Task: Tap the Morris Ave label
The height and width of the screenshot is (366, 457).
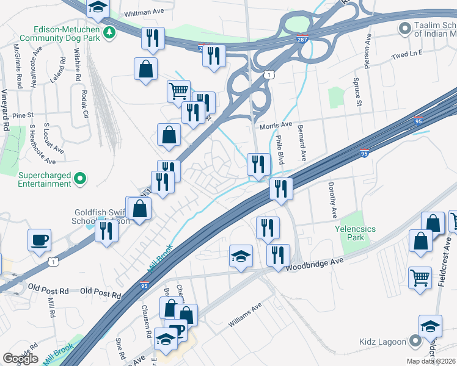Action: coord(276,125)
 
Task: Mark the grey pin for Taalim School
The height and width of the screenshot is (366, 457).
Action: coord(404,28)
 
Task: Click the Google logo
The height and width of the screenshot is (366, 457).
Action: coord(20,359)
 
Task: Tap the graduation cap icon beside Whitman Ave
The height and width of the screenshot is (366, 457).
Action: coord(97,8)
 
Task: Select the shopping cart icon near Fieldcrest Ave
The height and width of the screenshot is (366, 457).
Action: coord(420,278)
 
